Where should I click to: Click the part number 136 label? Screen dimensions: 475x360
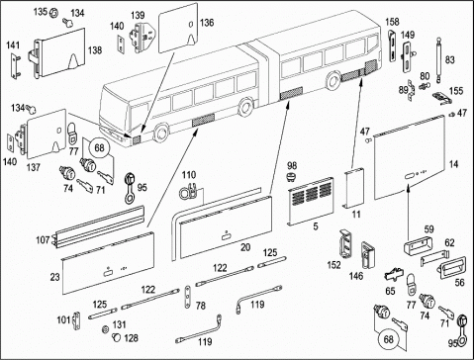click(x=207, y=23)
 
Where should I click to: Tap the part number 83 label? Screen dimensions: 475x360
click(x=449, y=59)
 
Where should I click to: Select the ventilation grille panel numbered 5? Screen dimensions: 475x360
click(x=311, y=202)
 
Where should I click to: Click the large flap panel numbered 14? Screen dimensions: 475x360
click(x=410, y=157)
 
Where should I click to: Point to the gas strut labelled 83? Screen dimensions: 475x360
click(x=438, y=59)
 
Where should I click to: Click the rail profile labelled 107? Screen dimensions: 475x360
click(x=98, y=226)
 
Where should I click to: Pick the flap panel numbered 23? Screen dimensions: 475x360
click(x=108, y=263)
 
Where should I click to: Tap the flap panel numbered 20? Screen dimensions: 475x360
click(x=226, y=227)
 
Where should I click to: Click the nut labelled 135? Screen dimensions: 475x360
click(x=53, y=13)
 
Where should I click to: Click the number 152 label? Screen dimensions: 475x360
click(x=333, y=265)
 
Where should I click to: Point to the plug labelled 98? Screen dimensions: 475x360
click(x=291, y=177)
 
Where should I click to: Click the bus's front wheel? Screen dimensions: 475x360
click(x=161, y=133)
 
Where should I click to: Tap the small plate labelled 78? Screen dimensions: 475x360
click(x=187, y=297)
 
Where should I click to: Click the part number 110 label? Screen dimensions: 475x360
click(x=189, y=175)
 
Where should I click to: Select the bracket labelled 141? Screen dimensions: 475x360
click(x=15, y=67)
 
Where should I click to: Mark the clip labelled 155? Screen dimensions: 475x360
click(x=442, y=98)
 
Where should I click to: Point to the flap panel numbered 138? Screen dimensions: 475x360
click(x=60, y=53)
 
